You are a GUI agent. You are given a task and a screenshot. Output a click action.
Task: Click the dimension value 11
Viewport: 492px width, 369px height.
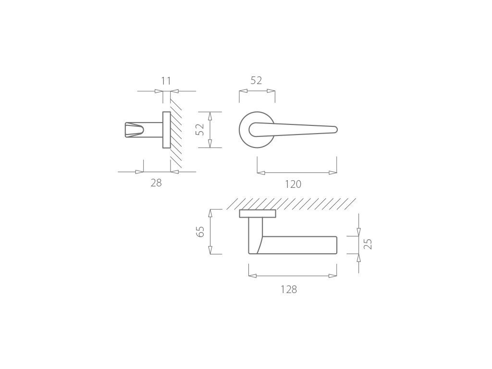click(x=166, y=81)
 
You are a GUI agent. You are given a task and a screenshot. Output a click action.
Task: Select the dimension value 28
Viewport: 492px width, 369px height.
click(x=156, y=183)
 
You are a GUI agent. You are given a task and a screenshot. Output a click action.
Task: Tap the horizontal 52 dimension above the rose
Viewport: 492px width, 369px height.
click(x=256, y=81)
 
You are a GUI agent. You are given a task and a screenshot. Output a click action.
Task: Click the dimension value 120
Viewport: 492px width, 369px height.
click(x=293, y=184)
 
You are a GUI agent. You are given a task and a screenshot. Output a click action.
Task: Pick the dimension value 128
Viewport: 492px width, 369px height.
click(x=289, y=289)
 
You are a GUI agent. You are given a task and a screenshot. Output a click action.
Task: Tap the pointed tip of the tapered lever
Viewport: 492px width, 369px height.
click(x=337, y=129)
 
